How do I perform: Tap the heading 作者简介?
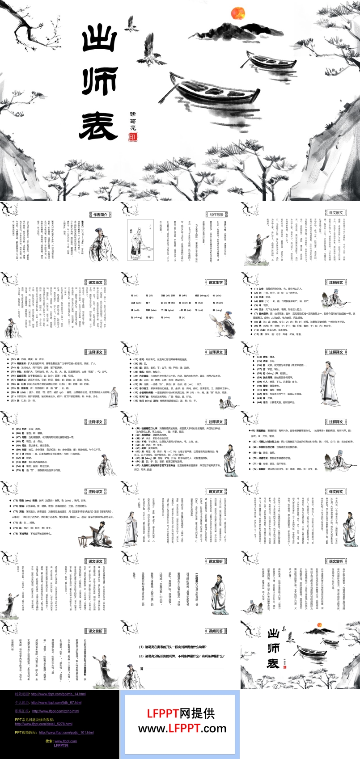pyautogui.click(x=100, y=215)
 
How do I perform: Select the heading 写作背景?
pyautogui.click(x=216, y=215)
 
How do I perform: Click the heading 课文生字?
pyautogui.click(x=216, y=283)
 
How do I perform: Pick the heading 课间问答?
pyautogui.click(x=216, y=631)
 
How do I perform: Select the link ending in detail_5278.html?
pyautogui.click(x=43, y=724)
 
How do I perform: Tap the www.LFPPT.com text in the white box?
pyautogui.click(x=182, y=729)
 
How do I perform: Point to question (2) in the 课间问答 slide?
pyautogui.click(x=182, y=656)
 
